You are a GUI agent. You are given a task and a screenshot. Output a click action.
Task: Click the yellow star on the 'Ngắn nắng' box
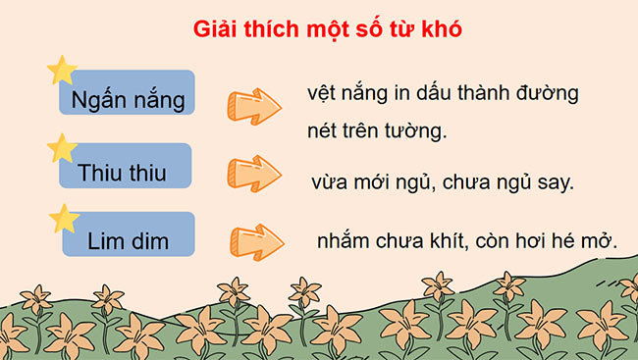click(x=62, y=71)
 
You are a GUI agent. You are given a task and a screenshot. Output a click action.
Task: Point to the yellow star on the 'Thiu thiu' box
click(x=62, y=147)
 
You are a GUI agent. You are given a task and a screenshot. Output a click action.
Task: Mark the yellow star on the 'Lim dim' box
click(x=64, y=218)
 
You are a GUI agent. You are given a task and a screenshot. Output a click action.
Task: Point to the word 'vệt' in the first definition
click(x=321, y=94)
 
